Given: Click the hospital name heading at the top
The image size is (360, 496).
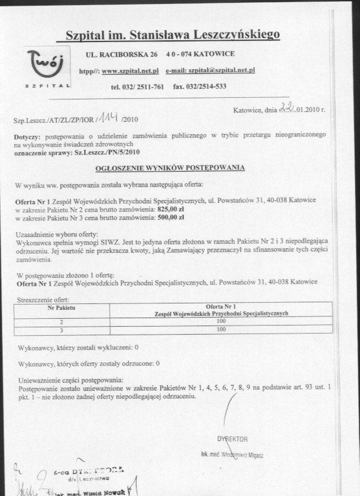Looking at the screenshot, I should pyautogui.click(x=172, y=35).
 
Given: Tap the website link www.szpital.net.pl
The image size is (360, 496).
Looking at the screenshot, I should pyautogui.click(x=129, y=70).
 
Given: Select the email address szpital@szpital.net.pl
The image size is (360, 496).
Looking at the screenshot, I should pyautogui.click(x=219, y=70).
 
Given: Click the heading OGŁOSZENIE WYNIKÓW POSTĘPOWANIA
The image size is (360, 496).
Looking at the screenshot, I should pyautogui.click(x=170, y=168).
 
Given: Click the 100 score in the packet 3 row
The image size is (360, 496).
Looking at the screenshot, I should pyautogui.click(x=221, y=329).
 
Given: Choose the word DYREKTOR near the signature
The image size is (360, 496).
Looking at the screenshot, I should pyautogui.click(x=233, y=439).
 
